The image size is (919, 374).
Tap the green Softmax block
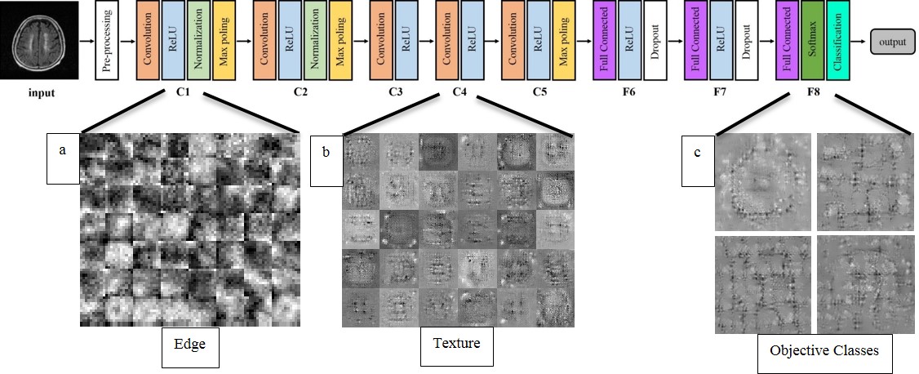tap(811, 40)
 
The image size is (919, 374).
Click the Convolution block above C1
tap(149, 40)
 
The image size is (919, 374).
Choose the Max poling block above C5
tap(563, 40)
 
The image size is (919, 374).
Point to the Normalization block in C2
tap(315, 40)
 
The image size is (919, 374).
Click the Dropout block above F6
tap(655, 40)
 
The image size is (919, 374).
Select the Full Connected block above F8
tap(786, 40)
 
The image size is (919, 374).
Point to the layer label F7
tap(720, 91)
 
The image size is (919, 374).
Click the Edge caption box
tap(190, 344)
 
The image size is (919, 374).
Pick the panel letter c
tap(697, 152)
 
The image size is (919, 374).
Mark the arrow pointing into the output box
tap(861, 40)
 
